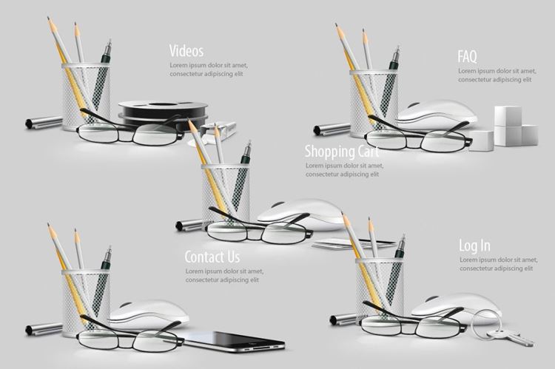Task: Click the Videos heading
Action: (186, 51)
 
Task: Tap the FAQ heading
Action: (467, 56)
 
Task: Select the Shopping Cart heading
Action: (342, 152)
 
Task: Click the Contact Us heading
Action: (212, 257)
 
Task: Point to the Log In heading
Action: (474, 246)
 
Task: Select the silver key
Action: (510, 336)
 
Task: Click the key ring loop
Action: (485, 323)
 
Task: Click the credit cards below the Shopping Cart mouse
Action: (352, 244)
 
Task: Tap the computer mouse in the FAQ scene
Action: (437, 114)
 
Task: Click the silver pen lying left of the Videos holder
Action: (44, 122)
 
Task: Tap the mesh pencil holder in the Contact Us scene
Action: (86, 302)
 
